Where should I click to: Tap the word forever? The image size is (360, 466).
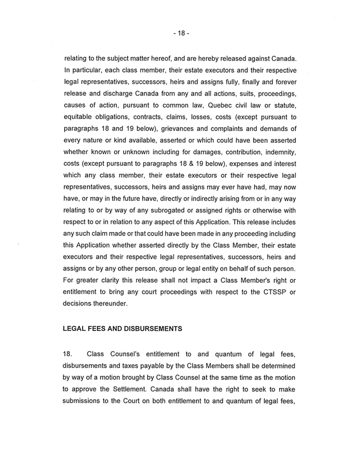coord(285,81)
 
